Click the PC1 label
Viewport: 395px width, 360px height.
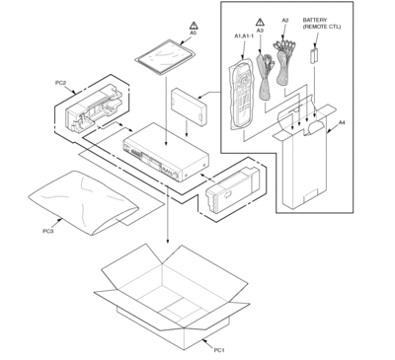[x=219, y=350]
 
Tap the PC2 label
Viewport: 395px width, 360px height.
[x=60, y=83]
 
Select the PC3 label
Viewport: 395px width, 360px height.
[x=48, y=231]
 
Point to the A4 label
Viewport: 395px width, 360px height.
[x=342, y=122]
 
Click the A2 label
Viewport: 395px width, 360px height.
[x=285, y=21]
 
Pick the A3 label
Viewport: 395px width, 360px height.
[x=260, y=31]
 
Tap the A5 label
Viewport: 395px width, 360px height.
[x=194, y=33]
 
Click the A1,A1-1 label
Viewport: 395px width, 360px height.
[x=244, y=36]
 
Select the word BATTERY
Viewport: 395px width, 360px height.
[x=315, y=20]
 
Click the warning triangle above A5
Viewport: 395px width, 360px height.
[x=194, y=26]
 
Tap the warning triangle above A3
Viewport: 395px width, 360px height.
[x=260, y=22]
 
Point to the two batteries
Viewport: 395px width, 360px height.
[x=314, y=56]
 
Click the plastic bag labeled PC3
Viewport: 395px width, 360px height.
[x=83, y=202]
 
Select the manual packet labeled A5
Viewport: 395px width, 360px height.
[x=165, y=56]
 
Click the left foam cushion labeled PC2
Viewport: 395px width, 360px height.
[x=94, y=108]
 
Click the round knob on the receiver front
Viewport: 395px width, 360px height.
[x=177, y=176]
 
